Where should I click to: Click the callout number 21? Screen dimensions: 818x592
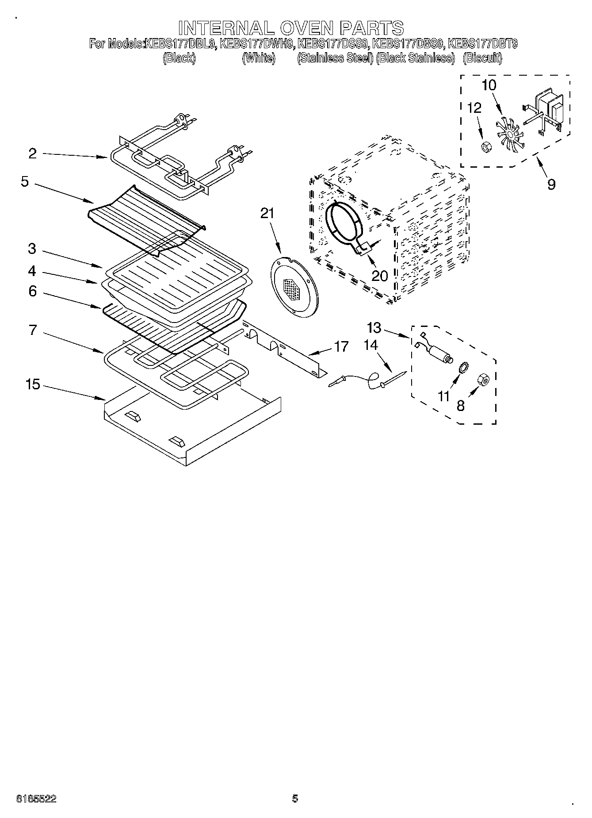click(267, 214)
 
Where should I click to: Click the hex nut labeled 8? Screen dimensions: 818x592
click(484, 380)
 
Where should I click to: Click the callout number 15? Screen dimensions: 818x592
click(33, 384)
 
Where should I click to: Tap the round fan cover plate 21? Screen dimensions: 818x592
click(294, 288)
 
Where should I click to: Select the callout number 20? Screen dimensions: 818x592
click(379, 276)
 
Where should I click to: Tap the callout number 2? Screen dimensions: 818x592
click(32, 154)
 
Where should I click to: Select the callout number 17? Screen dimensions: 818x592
click(341, 346)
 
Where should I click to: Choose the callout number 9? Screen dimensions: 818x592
click(551, 184)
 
